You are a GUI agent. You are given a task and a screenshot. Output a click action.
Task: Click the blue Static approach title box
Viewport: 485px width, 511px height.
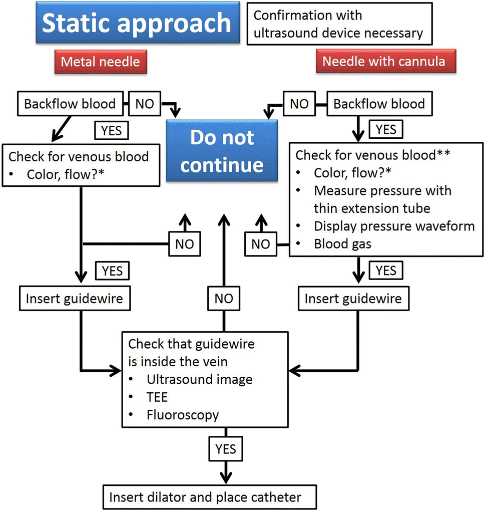coord(137,23)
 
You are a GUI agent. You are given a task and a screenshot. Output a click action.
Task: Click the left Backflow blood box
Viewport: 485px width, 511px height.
coord(70,104)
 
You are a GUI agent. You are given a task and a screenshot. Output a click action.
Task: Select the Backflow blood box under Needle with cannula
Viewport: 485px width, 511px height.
coord(379,104)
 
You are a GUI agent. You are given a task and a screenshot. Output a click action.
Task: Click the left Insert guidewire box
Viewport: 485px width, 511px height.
coord(75,299)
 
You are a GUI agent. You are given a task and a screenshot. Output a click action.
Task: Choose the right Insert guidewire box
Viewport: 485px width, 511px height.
coord(353,299)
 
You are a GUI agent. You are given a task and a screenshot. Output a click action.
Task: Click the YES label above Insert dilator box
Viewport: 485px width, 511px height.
coord(226,448)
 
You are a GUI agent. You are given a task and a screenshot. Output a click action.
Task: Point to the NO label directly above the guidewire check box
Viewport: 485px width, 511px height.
coord(224,299)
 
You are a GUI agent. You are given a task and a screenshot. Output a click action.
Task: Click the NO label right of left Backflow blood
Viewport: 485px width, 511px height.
coord(145,104)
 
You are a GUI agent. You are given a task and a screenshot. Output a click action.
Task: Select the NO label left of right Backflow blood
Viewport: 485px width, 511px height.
coord(299,104)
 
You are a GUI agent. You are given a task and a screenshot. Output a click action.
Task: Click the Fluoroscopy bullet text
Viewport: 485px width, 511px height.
coord(183,415)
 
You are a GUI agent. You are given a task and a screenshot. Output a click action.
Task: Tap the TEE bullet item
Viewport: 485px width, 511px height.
coord(157,397)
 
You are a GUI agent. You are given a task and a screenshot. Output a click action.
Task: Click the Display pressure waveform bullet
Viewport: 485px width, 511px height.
coord(394,226)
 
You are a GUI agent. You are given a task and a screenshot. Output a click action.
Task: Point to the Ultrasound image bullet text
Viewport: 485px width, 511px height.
coord(199,379)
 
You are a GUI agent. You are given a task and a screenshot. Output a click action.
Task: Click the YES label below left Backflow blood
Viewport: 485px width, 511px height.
coord(112,130)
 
